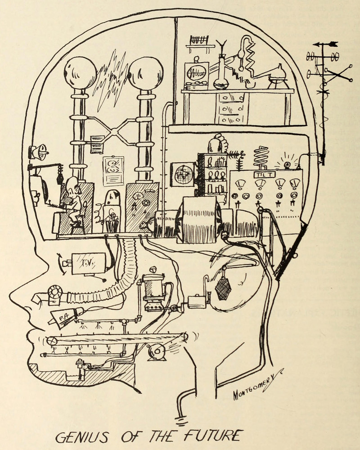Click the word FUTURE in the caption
click(216, 435)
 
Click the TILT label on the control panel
click(261, 175)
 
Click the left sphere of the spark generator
click(80, 72)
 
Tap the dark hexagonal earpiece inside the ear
click(223, 288)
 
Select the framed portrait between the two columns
click(113, 171)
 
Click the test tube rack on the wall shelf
click(200, 40)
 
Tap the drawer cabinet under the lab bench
click(231, 108)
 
